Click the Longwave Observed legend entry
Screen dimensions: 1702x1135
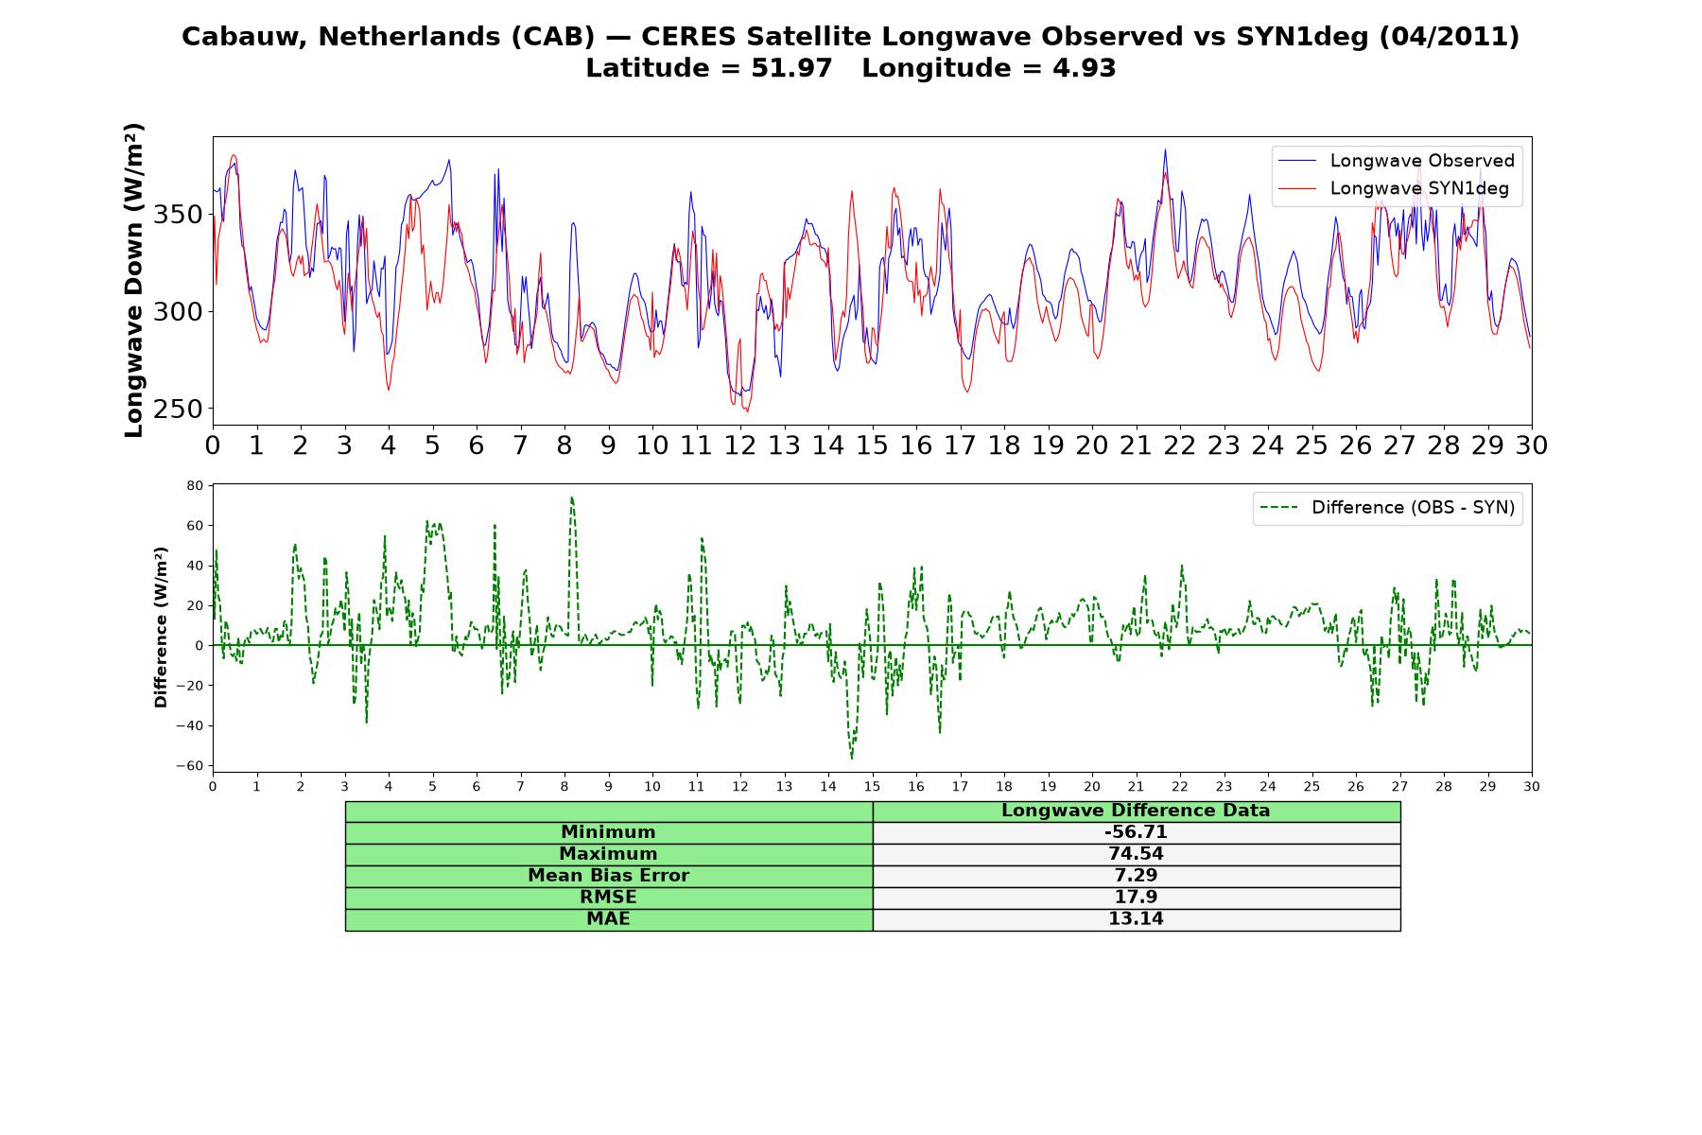(1396, 161)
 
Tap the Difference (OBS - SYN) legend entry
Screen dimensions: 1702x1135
(1387, 508)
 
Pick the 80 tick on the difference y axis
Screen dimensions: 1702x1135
(195, 485)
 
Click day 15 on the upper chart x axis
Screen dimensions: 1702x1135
(872, 445)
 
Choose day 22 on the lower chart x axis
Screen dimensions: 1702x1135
(1180, 786)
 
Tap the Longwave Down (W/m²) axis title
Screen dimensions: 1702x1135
(134, 280)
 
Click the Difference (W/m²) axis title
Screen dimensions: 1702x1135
(161, 627)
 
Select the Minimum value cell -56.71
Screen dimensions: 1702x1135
(1136, 832)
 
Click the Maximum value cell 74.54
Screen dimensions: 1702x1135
(1136, 854)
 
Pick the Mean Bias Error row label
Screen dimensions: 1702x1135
(608, 876)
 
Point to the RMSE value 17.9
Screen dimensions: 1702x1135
(1136, 898)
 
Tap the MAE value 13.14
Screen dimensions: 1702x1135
(1136, 919)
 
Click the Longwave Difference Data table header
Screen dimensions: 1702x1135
(1136, 811)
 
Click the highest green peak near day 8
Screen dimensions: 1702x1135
(571, 498)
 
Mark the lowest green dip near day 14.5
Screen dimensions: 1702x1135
(851, 758)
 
